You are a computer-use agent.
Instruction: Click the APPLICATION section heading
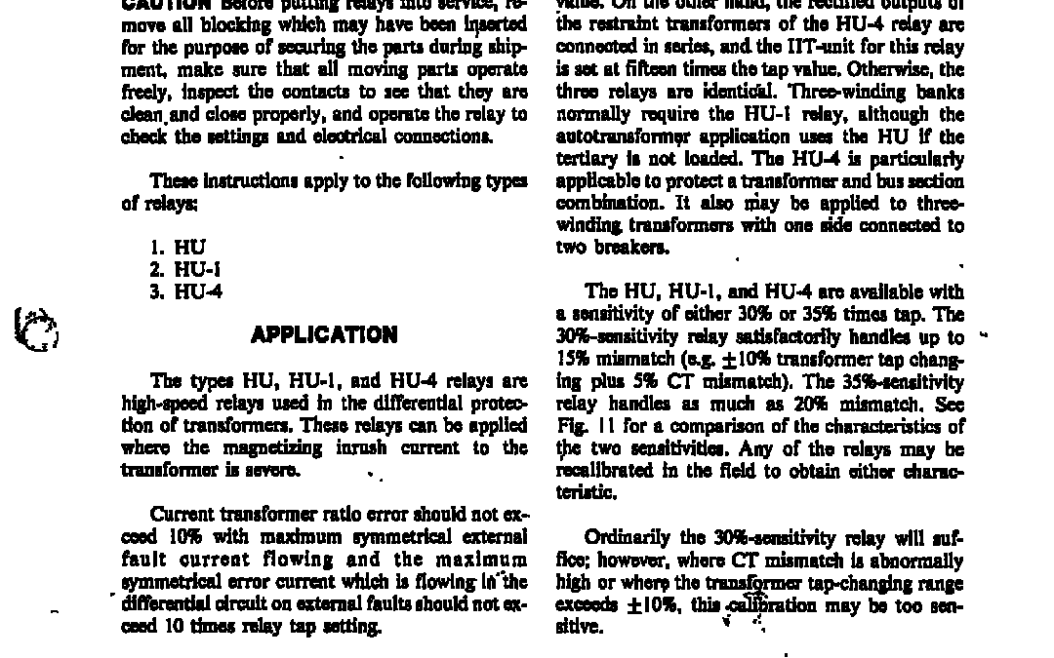tap(324, 335)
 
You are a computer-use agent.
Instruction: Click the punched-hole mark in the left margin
tap(36, 329)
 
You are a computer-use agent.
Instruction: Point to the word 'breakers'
tap(640, 248)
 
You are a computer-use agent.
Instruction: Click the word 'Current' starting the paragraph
tap(181, 515)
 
